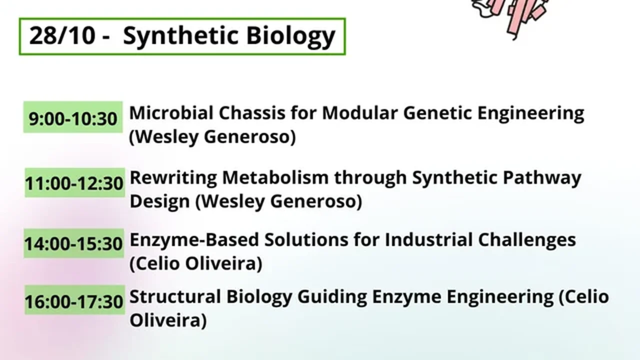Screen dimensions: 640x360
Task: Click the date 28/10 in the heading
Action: tap(62, 35)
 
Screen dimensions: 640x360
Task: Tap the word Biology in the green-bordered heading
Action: tap(290, 37)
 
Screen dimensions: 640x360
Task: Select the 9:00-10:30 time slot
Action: tap(73, 118)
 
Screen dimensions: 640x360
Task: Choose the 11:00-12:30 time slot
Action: tap(74, 183)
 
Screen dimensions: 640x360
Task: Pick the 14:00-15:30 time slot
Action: tap(73, 243)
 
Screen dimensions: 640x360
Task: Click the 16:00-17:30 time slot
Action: tap(74, 301)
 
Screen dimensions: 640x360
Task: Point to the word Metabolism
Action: tap(275, 177)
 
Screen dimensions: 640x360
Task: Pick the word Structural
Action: tap(175, 296)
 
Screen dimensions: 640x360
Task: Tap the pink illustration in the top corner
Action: tap(511, 14)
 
